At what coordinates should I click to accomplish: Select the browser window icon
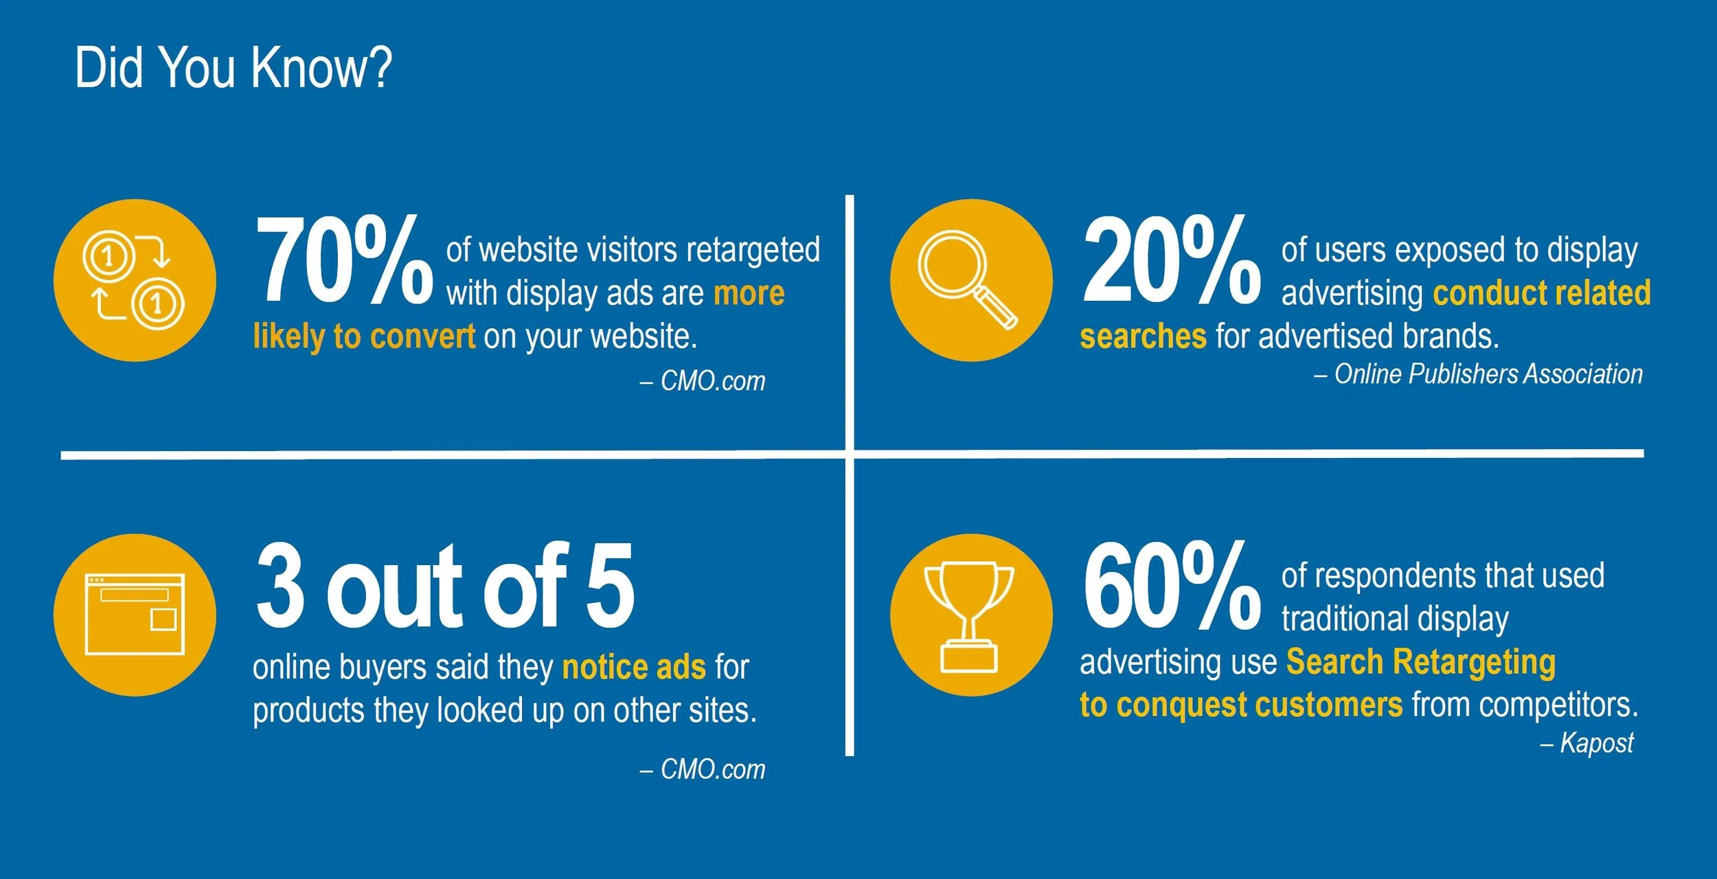pos(135,615)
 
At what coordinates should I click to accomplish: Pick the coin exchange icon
pos(135,280)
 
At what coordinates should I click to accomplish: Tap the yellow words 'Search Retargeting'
pos(1420,663)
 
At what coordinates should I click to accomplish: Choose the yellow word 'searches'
pos(1143,336)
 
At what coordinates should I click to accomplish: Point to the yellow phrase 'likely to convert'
pos(364,336)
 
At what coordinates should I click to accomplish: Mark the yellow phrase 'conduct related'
pos(1541,293)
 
